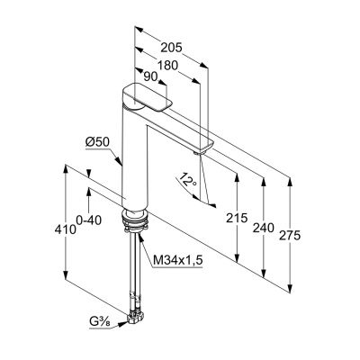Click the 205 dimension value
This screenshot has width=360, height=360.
pyautogui.click(x=171, y=48)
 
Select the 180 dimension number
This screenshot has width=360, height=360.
pyautogui.click(x=167, y=65)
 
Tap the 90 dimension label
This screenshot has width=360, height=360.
pyautogui.click(x=150, y=77)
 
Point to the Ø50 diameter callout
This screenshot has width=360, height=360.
pyautogui.click(x=98, y=142)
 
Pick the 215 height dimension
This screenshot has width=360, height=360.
pyautogui.click(x=237, y=218)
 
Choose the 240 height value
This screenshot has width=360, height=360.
pyautogui.click(x=264, y=228)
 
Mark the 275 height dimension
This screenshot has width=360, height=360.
pyautogui.click(x=290, y=236)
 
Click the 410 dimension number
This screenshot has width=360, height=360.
pyautogui.click(x=65, y=229)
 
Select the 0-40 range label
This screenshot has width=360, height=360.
pyautogui.click(x=89, y=220)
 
